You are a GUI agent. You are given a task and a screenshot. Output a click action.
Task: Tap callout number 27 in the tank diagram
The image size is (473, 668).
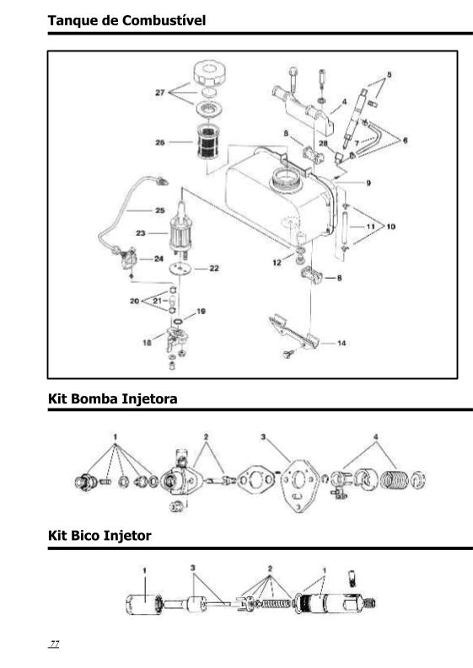pos(160,93)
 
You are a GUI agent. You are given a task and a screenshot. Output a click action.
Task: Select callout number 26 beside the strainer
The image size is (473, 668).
pos(160,142)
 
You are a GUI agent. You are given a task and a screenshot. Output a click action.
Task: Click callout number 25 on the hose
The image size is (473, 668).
pos(160,210)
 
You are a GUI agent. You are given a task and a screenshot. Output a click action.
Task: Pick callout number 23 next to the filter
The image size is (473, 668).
pos(141,233)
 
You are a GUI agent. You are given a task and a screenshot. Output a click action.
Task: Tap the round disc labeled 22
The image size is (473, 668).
pos(179,269)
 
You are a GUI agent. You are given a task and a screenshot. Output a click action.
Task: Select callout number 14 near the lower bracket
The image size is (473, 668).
pos(341,343)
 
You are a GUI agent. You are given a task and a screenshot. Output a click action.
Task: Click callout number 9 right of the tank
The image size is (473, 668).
pos(368,183)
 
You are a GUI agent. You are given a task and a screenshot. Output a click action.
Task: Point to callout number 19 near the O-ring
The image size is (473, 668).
pos(201,312)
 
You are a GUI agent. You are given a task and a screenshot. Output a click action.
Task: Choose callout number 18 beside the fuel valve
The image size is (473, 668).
pos(148,343)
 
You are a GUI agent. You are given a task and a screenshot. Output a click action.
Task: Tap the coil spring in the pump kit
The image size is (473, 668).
pos(394,479)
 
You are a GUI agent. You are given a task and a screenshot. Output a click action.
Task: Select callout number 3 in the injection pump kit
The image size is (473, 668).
pos(263,436)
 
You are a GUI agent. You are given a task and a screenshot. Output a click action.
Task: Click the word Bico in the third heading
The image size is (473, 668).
pos(86,536)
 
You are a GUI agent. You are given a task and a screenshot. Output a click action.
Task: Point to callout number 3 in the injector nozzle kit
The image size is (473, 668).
pos(193,568)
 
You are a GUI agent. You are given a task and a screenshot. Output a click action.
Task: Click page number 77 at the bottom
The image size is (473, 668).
pos(54,644)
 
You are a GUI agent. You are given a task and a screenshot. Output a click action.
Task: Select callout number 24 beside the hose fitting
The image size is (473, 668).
pos(159,259)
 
